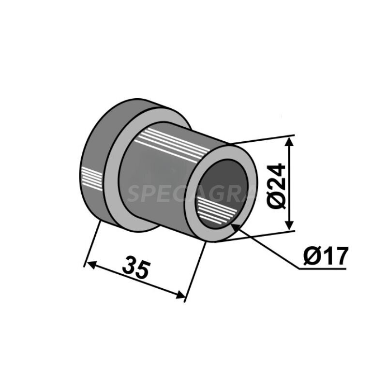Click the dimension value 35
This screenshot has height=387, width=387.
(136, 268)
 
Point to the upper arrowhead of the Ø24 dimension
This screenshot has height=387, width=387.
(289, 141)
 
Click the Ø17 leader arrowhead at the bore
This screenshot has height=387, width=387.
(234, 226)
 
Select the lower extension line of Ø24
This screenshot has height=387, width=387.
(261, 235)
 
